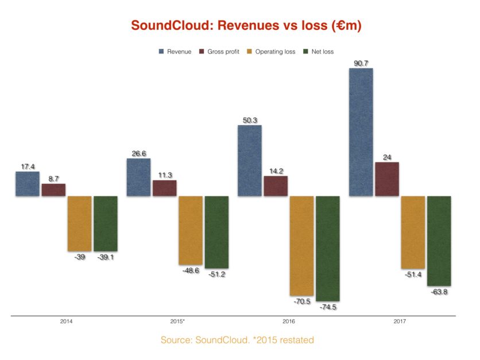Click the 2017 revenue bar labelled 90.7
click(x=361, y=132)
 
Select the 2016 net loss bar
click(x=327, y=248)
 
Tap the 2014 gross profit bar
click(x=53, y=190)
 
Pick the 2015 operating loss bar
click(x=190, y=230)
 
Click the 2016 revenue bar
click(x=249, y=161)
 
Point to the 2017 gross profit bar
click(x=387, y=179)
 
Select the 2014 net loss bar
click(x=105, y=223)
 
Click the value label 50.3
click(x=250, y=121)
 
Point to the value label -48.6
click(x=189, y=270)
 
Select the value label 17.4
click(x=26, y=167)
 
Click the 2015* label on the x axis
click(x=178, y=322)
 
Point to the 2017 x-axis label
click(x=400, y=322)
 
